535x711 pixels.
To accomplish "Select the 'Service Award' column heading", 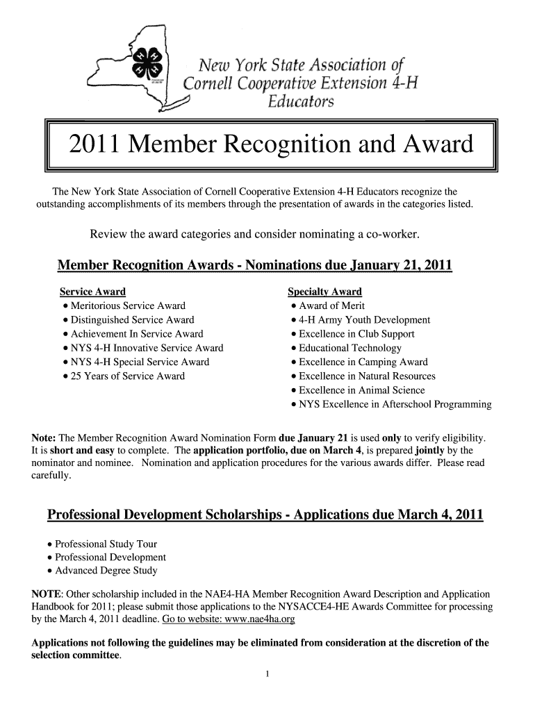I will pyautogui.click(x=92, y=292).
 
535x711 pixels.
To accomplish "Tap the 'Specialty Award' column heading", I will pyautogui.click(x=324, y=292).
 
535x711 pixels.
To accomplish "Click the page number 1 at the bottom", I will pyautogui.click(x=267, y=674).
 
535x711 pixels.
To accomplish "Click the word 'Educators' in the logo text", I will pyautogui.click(x=301, y=102).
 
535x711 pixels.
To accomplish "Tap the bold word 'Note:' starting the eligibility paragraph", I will pyautogui.click(x=44, y=438).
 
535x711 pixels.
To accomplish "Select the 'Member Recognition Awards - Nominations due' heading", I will pyautogui.click(x=254, y=265).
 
